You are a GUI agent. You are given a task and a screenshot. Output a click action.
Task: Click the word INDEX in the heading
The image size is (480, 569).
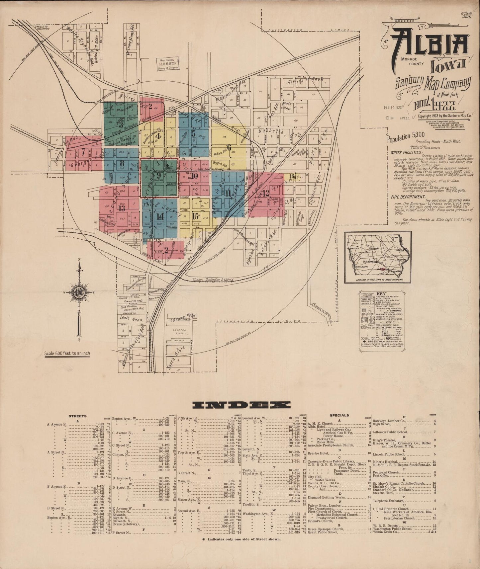click(x=241, y=405)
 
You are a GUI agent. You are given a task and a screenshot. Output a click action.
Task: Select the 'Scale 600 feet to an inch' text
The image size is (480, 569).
click(x=67, y=353)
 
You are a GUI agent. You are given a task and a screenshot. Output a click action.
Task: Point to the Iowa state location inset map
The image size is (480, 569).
click(x=378, y=257)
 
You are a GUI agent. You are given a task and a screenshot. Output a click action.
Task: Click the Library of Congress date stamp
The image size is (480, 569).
click(x=168, y=63)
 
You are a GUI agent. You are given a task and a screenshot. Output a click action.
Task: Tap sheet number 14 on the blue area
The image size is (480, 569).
click(x=160, y=216)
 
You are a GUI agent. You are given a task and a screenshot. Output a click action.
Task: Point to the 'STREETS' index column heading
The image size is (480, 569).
click(x=77, y=416)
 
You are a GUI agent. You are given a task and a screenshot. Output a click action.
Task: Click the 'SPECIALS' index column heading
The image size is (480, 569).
click(x=339, y=415)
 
